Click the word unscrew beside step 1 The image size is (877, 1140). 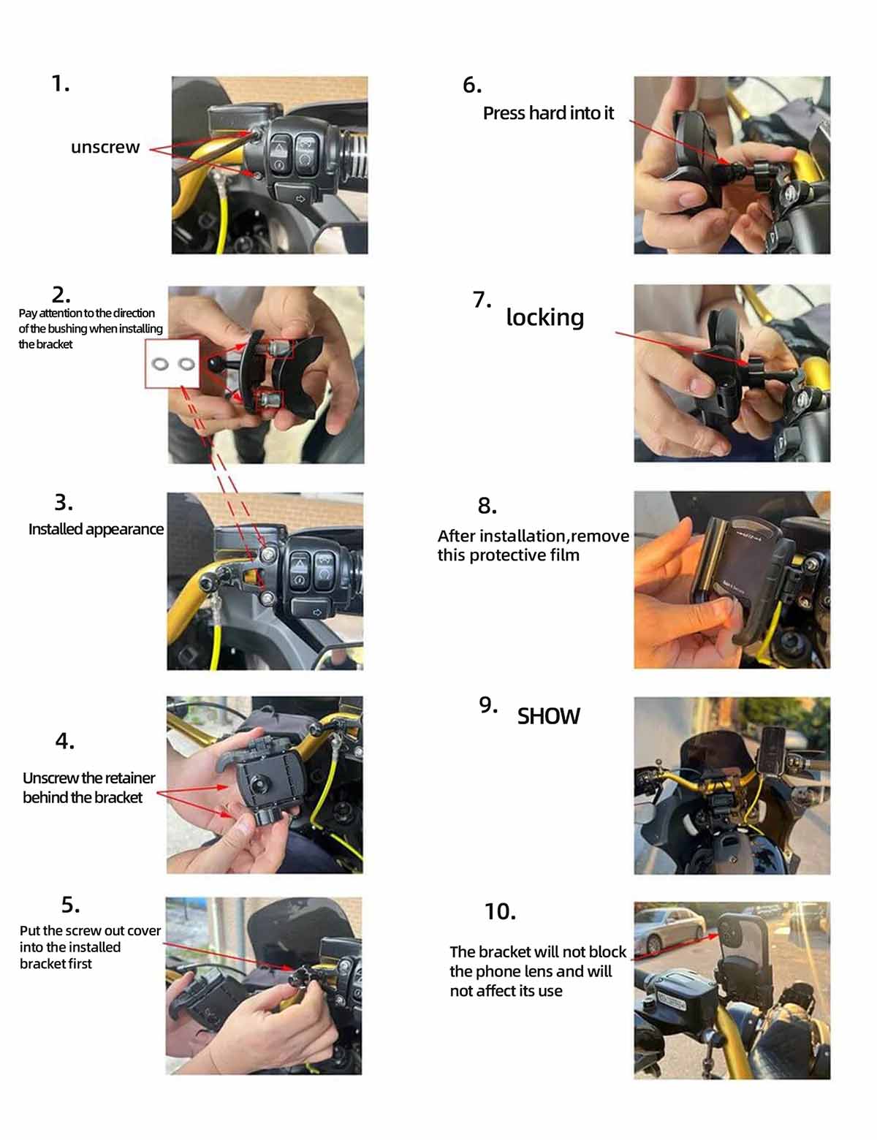coord(105,147)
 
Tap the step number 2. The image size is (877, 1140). coord(61,294)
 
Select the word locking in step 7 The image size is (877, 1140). coord(545,318)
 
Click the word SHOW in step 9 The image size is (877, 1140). coord(549,716)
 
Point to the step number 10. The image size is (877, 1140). coord(500,911)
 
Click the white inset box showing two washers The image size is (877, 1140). coord(172,363)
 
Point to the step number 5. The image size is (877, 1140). coord(70,905)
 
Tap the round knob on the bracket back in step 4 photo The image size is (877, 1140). coord(259,784)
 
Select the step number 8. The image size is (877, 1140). coord(487,506)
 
